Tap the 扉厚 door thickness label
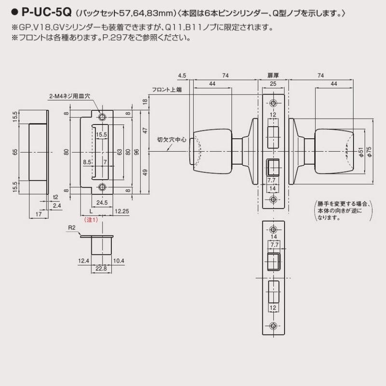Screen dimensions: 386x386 (274, 76)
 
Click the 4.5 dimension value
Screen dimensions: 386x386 (182, 76)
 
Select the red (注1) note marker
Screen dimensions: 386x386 (91, 220)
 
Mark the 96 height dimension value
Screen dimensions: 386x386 (137, 152)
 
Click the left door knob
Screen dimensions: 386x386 (212, 151)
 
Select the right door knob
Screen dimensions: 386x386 (333, 151)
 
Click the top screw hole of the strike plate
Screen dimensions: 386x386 (102, 117)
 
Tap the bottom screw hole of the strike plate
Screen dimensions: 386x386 (102, 187)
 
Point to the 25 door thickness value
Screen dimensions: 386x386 (274, 84)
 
